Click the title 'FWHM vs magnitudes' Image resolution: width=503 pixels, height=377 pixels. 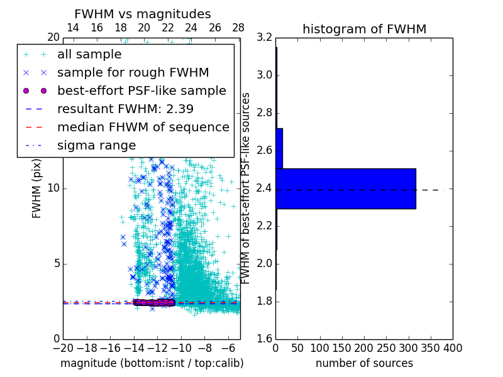[x=143, y=14]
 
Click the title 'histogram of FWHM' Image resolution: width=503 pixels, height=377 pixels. [x=364, y=29]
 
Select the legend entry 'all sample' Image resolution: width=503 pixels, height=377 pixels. [x=89, y=55]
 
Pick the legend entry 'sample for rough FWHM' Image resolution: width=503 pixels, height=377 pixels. [x=133, y=72]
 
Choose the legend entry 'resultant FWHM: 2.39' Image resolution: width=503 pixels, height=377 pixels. [x=125, y=109]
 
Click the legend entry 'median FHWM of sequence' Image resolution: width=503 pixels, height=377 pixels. [x=143, y=127]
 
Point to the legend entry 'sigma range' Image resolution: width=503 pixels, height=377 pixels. [x=96, y=145]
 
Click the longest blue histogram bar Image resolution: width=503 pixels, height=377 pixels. [x=345, y=188]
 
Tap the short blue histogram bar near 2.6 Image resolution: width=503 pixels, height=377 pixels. [x=279, y=148]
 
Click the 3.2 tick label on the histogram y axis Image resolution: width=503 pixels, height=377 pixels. [x=265, y=38]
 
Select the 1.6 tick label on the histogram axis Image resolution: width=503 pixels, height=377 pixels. [x=265, y=339]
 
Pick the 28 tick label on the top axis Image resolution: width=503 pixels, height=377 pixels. [x=238, y=28]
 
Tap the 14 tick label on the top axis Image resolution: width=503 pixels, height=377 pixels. [x=72, y=28]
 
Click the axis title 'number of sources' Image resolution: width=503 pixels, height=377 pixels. [x=364, y=363]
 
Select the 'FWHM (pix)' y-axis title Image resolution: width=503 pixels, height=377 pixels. [x=37, y=188]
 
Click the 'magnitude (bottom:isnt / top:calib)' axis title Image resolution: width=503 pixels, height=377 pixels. [x=152, y=363]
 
